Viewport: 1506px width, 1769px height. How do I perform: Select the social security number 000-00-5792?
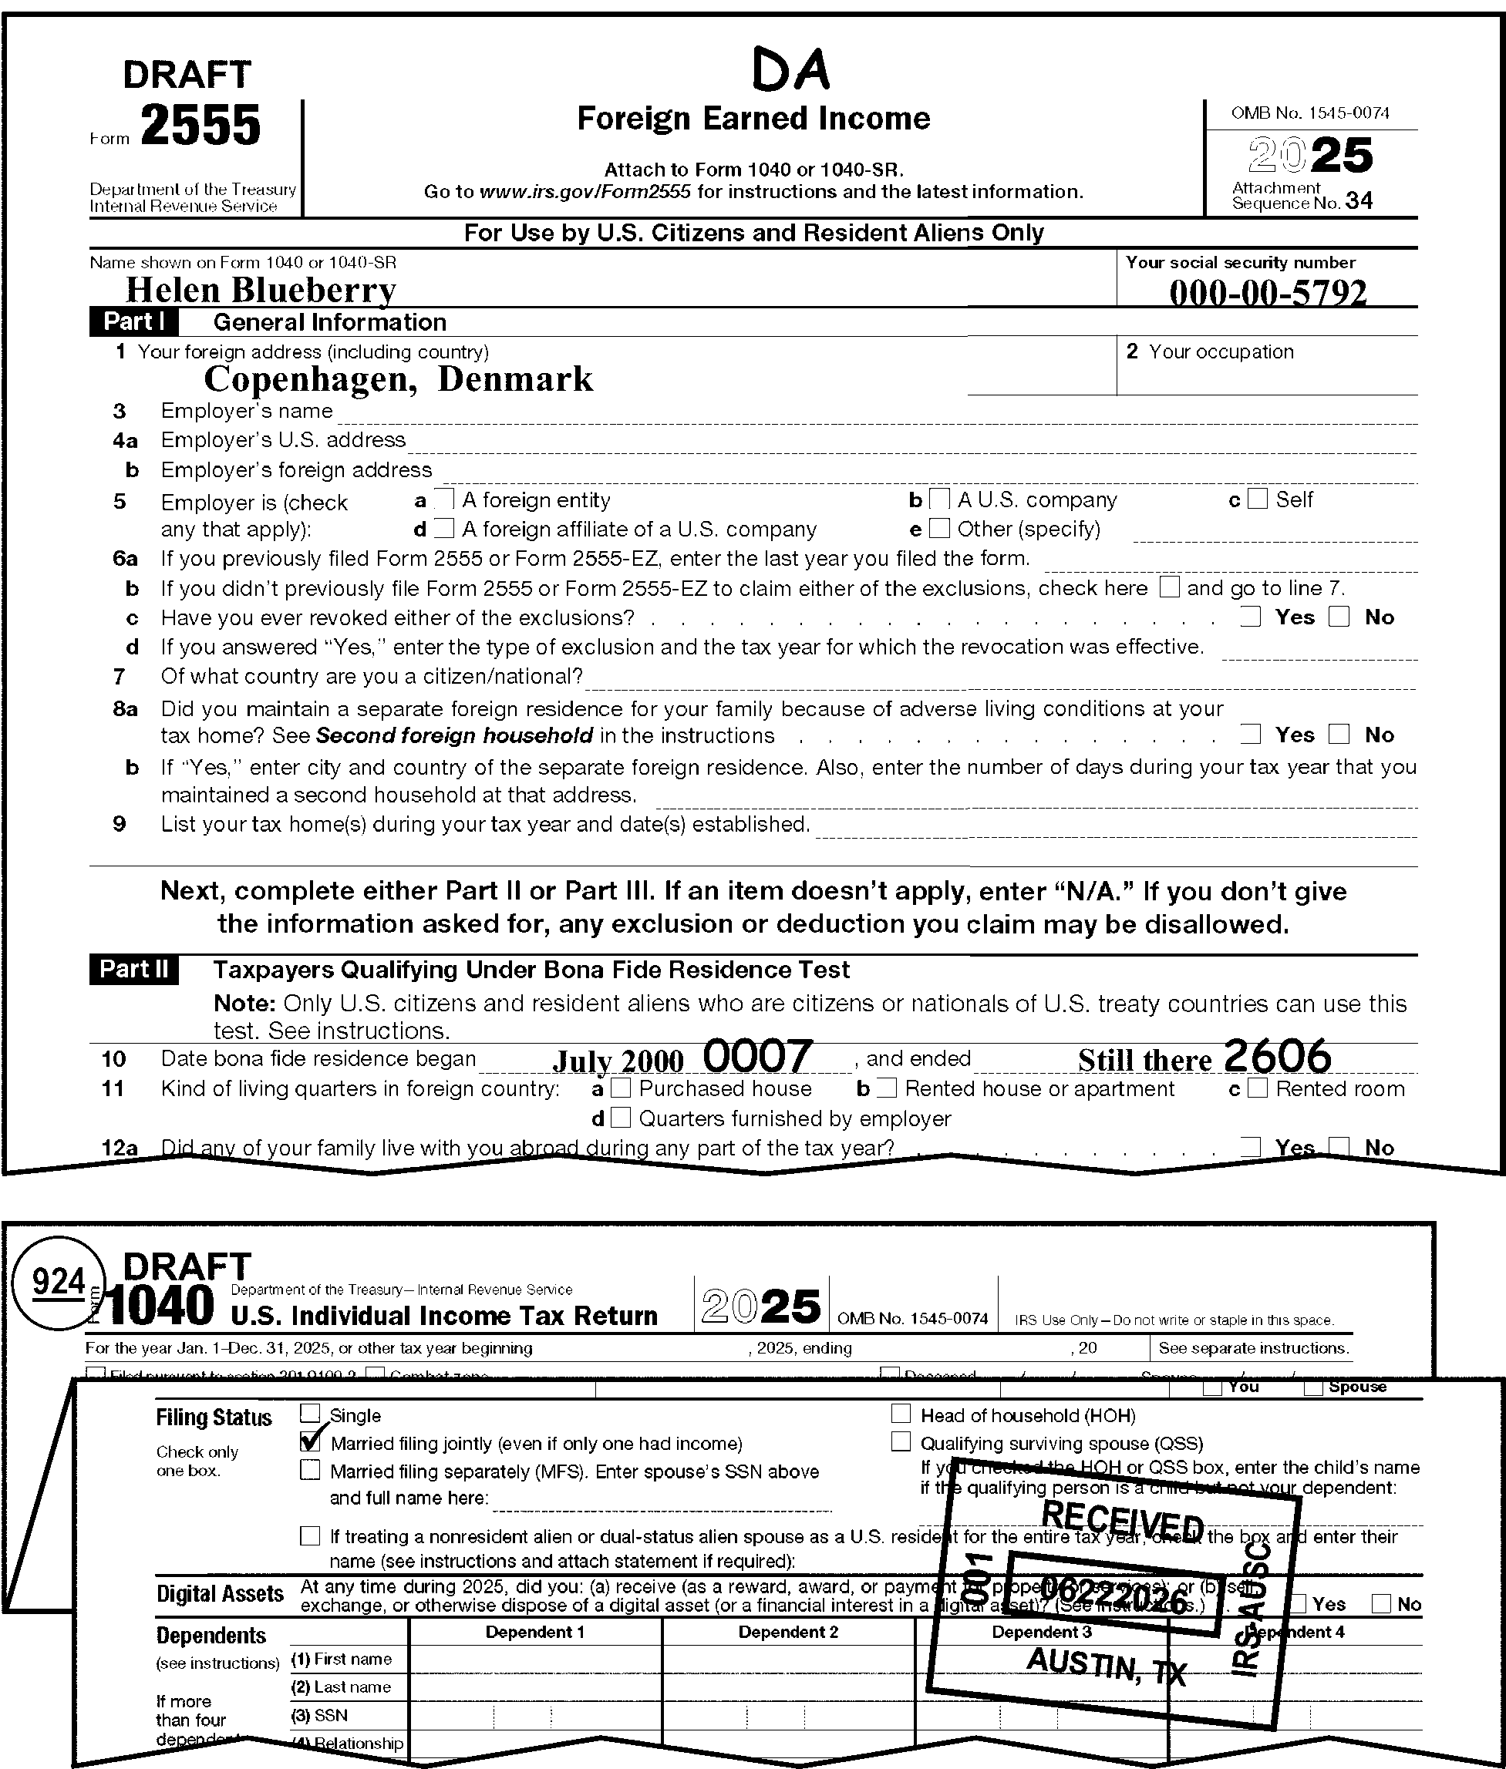1267,293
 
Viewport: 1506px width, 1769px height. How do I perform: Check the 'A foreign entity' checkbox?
444,499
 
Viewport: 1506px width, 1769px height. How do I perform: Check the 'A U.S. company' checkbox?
939,499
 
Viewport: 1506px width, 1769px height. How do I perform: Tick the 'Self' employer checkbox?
1257,499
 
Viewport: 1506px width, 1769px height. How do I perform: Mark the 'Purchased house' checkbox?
622,1089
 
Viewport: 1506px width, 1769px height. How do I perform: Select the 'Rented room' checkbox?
1257,1089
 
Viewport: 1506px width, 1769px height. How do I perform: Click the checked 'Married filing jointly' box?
311,1443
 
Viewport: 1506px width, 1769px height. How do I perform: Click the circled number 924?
58,1283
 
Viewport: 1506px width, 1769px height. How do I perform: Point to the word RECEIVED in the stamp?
1122,1522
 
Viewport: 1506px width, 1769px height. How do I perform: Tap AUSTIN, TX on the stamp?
1107,1665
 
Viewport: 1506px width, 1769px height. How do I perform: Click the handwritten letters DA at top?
790,70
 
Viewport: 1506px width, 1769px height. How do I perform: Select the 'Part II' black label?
134,970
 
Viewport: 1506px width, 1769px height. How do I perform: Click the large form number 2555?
200,126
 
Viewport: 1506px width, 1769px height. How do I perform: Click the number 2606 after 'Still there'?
1277,1057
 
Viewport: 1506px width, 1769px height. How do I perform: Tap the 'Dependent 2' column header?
787,1633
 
